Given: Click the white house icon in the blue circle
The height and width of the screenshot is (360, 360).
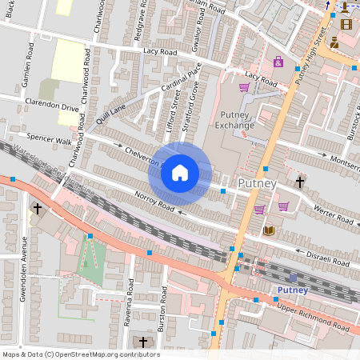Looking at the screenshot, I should tap(180, 173).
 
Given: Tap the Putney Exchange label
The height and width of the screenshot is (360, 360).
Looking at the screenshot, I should tap(238, 119).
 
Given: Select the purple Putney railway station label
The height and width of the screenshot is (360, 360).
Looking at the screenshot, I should tap(294, 290).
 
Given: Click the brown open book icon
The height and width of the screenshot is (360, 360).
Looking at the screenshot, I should tap(269, 230).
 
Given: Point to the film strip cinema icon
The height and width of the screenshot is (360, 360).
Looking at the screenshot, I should tap(346, 24).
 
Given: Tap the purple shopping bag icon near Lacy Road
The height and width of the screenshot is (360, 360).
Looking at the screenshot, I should tap(278, 62).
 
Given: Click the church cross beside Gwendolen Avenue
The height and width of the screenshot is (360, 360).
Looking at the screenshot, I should tap(38, 210).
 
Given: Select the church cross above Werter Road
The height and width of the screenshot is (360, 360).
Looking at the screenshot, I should tap(300, 182).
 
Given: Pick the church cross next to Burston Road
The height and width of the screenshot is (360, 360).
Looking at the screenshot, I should tap(144, 342).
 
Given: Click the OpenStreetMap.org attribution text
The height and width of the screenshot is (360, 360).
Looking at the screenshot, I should tap(80, 354).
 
